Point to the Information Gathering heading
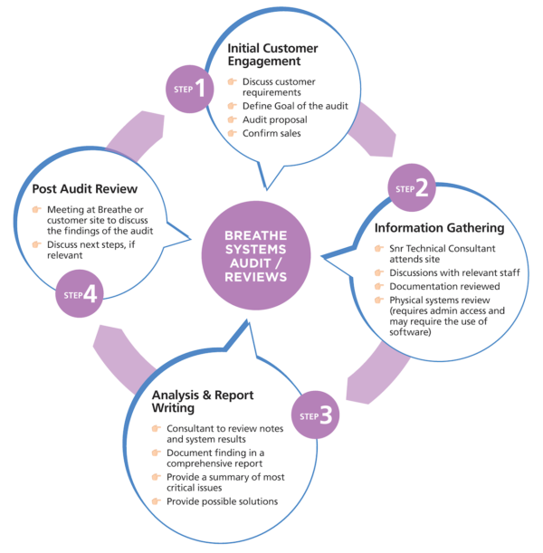pyautogui.click(x=433, y=227)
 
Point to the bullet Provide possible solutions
pyautogui.click(x=224, y=501)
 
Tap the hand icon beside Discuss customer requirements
pyautogui.click(x=233, y=81)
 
